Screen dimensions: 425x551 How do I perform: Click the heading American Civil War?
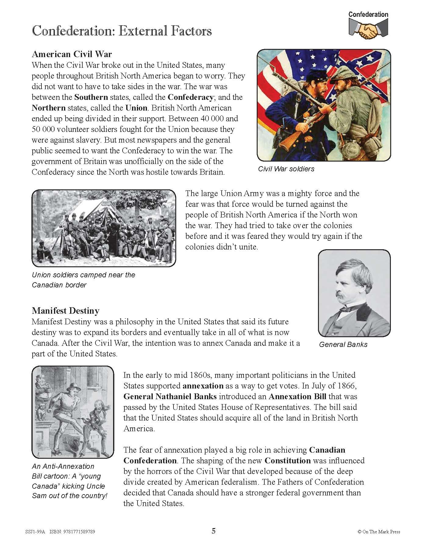(x=72, y=54)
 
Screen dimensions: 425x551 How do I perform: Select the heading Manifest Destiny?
(x=66, y=311)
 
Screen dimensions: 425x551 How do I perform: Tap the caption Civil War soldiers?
(x=286, y=169)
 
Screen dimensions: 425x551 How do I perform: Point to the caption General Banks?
(x=343, y=345)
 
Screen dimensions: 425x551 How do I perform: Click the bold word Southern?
(x=91, y=97)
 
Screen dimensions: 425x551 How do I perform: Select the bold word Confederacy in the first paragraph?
(x=190, y=97)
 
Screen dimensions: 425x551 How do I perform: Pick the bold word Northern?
(x=49, y=108)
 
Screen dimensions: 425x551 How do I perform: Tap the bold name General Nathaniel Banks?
(x=170, y=396)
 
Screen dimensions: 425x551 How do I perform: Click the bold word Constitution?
(x=287, y=461)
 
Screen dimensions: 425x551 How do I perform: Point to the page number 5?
(x=213, y=531)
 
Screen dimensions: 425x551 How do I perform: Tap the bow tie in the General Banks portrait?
(x=348, y=309)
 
